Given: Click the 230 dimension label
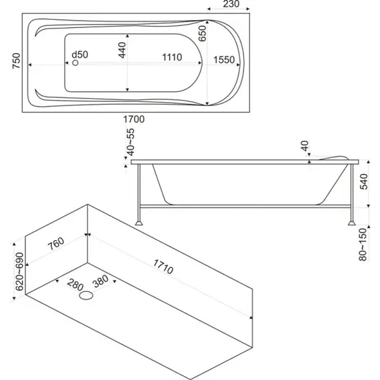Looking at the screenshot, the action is pyautogui.click(x=231, y=4).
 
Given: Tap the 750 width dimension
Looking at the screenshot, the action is pyautogui.click(x=17, y=61).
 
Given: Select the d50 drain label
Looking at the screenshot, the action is pyautogui.click(x=80, y=55).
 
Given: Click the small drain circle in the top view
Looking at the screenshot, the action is pyautogui.click(x=75, y=63).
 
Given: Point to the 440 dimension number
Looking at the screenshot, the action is pyautogui.click(x=123, y=50).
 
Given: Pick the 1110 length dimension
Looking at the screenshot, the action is pyautogui.click(x=172, y=57).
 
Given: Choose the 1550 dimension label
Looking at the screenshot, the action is pyautogui.click(x=224, y=60).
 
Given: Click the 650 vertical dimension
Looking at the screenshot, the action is pyautogui.click(x=203, y=33).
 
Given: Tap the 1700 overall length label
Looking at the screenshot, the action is pyautogui.click(x=134, y=119).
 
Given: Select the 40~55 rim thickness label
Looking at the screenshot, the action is pyautogui.click(x=131, y=142).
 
